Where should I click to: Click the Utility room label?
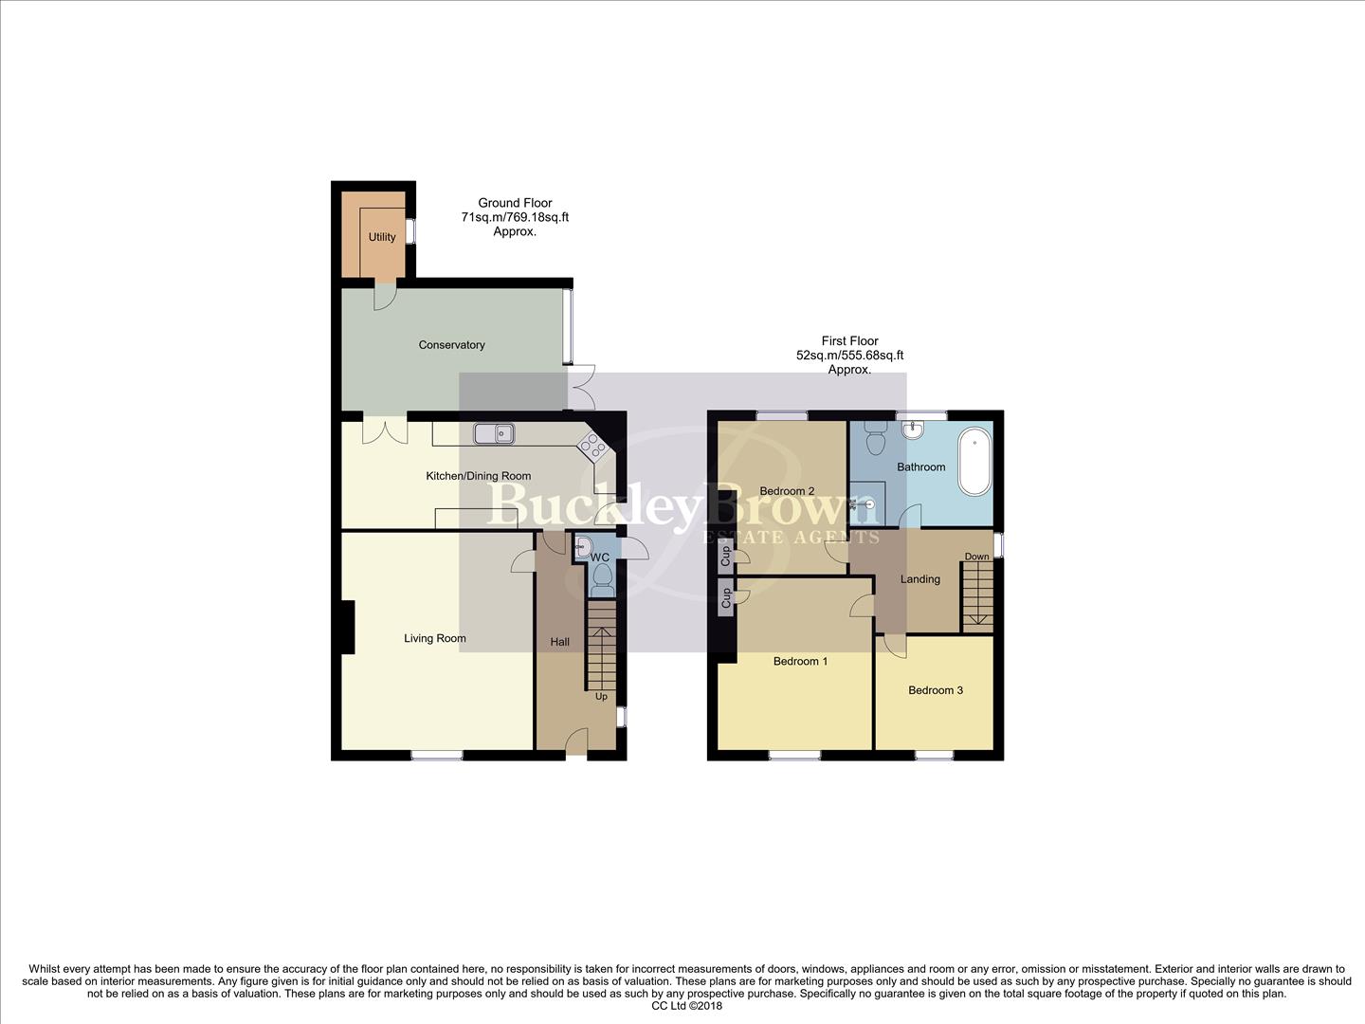[x=382, y=237]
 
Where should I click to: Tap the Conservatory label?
[x=451, y=345]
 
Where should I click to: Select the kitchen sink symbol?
[x=494, y=433]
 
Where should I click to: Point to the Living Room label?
[x=435, y=638]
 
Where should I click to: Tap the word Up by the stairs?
[x=601, y=697]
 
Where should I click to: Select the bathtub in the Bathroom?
[x=973, y=463]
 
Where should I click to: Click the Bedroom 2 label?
[x=787, y=491]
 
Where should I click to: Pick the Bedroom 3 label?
[x=936, y=690]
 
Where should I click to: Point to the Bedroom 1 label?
[x=800, y=661]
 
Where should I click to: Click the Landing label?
[x=920, y=579]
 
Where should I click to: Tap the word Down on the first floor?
[x=976, y=557]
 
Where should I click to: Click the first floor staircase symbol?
[x=977, y=595]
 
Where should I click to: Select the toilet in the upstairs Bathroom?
[x=875, y=440]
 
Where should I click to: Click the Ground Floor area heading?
[x=515, y=203]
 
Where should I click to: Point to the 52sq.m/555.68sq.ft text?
[x=849, y=356]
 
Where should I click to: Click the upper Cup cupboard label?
[x=726, y=556]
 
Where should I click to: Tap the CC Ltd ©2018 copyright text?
[x=687, y=1006]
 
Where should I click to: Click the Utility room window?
[x=410, y=230]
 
